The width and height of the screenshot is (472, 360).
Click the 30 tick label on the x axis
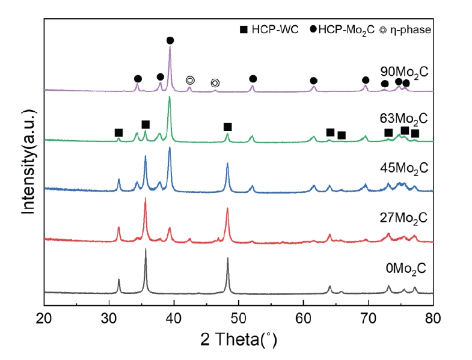(x=109, y=317)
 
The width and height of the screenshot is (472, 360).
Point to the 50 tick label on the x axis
(x=239, y=317)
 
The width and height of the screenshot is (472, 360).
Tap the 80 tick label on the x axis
(x=433, y=317)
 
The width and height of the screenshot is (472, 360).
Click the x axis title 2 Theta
(x=239, y=341)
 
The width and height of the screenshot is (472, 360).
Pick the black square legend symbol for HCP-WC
(x=245, y=28)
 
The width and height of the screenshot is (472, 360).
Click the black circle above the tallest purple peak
(x=170, y=40)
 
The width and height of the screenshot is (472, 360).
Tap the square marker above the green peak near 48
(x=227, y=127)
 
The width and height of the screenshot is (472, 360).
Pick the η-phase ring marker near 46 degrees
(x=215, y=83)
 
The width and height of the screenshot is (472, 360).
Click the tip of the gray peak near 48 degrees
(x=228, y=258)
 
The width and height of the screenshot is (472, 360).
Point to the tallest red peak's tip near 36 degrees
(x=145, y=198)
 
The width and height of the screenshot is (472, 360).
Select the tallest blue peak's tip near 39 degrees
(x=170, y=147)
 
